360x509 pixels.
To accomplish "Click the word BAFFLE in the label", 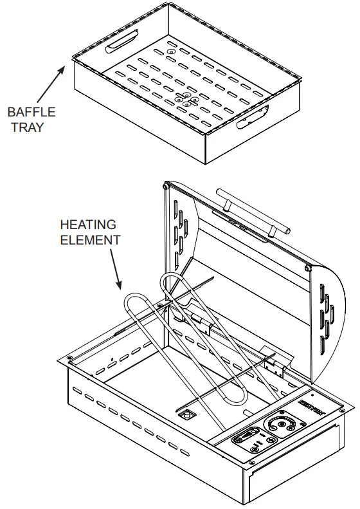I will (x=32, y=112).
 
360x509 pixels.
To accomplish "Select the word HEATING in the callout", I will (x=88, y=225).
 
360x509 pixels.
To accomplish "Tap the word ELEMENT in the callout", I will (x=90, y=239).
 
